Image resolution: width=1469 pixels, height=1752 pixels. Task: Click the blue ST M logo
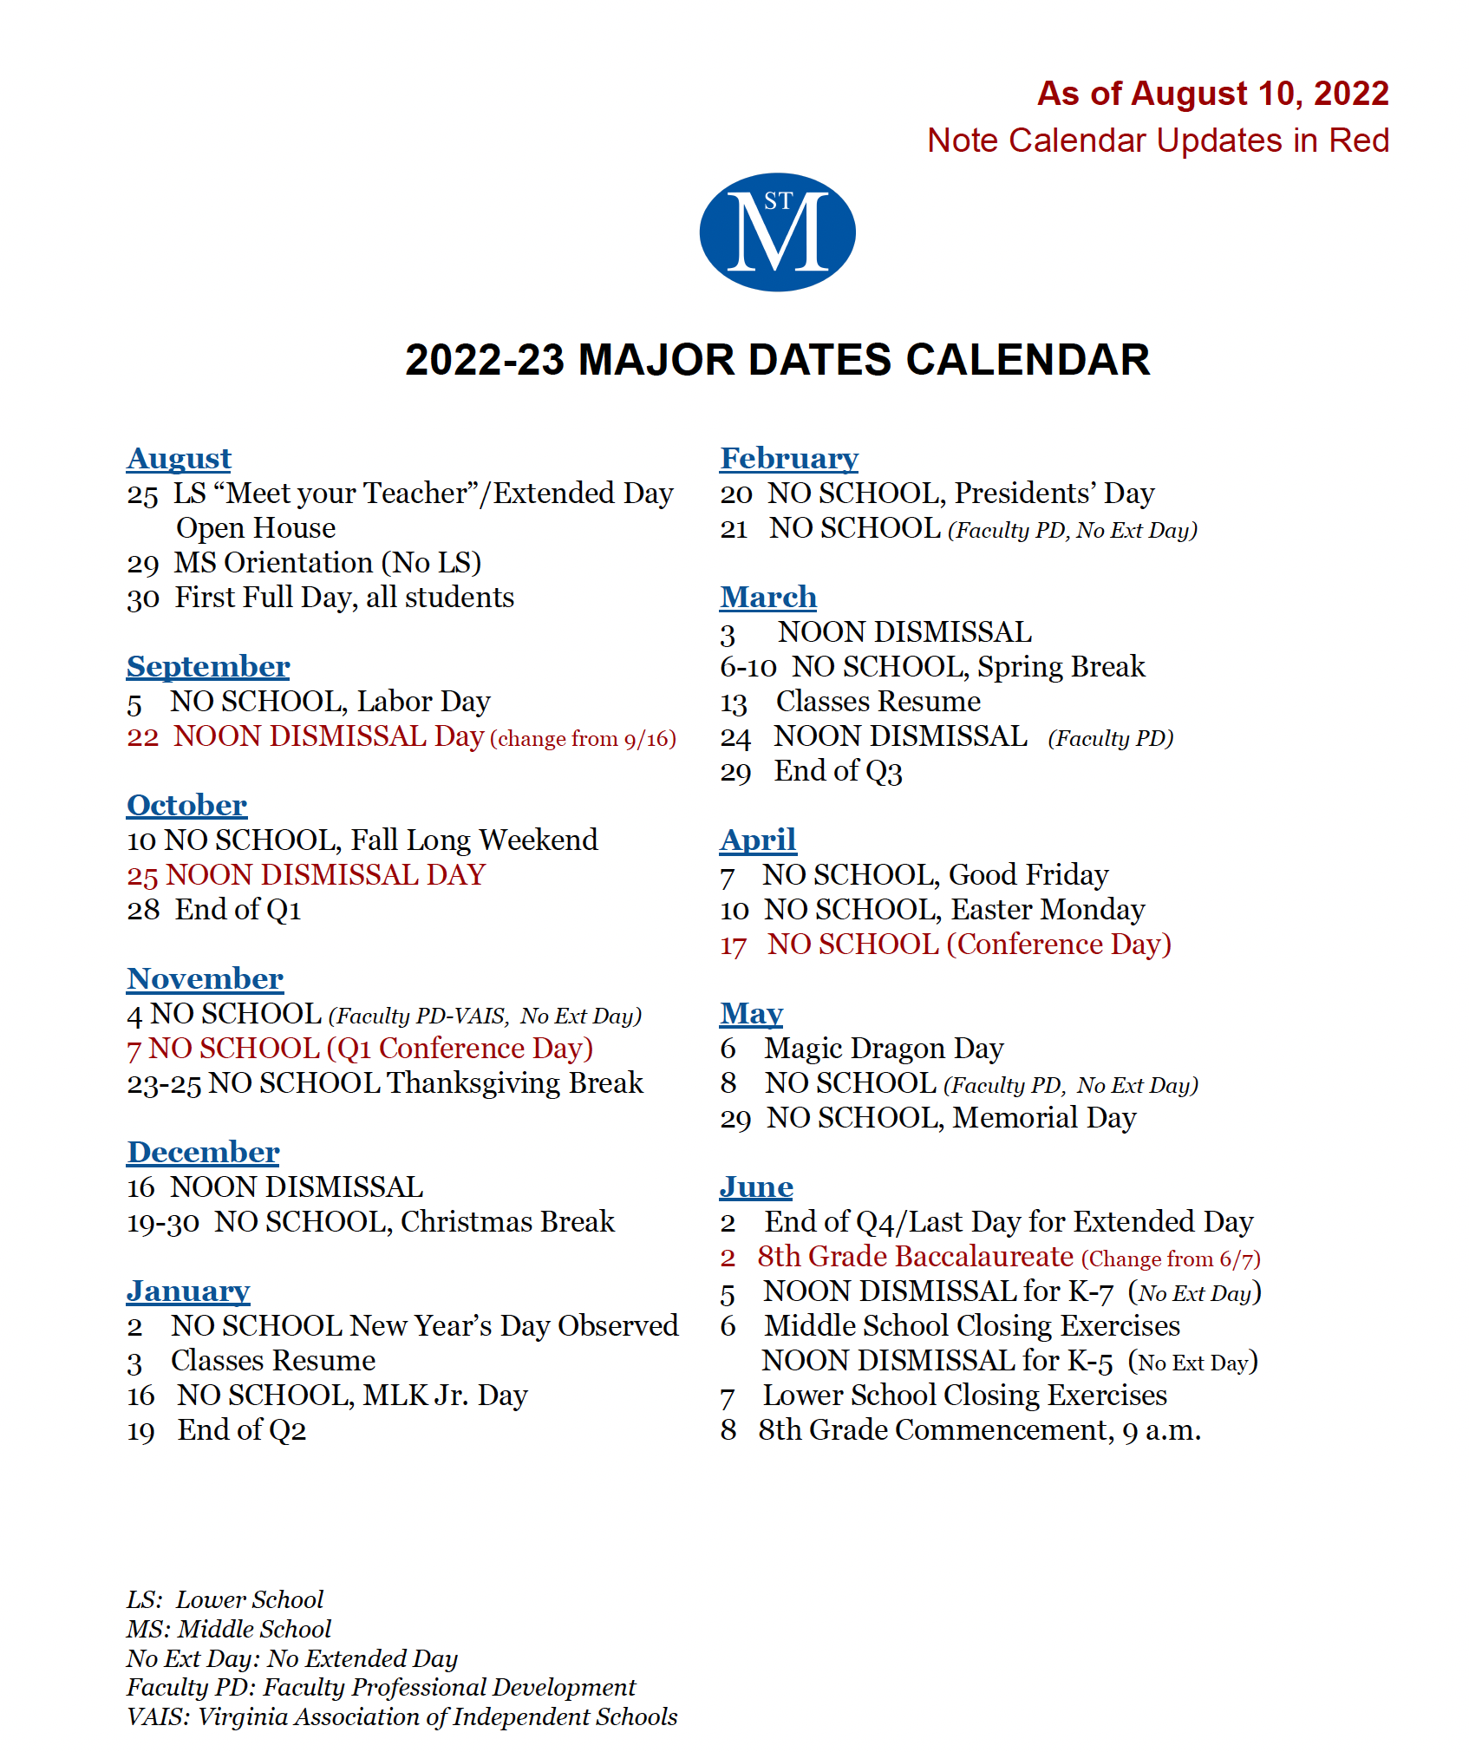click(777, 232)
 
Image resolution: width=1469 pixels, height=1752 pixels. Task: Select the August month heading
click(179, 458)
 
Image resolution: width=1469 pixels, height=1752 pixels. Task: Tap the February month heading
click(789, 458)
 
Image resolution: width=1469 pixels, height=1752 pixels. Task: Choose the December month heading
click(203, 1152)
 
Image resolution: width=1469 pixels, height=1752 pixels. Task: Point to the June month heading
click(756, 1187)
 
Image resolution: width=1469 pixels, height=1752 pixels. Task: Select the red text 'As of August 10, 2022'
click(1212, 94)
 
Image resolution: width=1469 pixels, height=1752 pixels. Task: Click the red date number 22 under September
click(142, 737)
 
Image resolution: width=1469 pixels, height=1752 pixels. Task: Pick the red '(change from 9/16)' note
click(583, 739)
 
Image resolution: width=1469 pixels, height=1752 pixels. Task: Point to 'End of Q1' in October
click(238, 909)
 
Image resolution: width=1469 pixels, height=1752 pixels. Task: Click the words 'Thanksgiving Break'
click(515, 1082)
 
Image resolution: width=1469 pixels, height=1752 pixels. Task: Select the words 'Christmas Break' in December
click(507, 1221)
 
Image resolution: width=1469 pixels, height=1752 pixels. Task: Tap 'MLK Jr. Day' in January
click(445, 1395)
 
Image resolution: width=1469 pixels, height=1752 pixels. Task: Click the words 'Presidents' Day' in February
click(1054, 493)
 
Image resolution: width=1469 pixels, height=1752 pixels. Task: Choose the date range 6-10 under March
click(748, 667)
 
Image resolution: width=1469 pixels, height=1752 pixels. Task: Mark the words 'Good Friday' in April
click(1028, 874)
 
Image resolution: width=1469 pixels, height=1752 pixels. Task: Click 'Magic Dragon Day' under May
click(884, 1049)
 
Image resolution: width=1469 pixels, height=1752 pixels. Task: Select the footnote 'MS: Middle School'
click(229, 1629)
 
